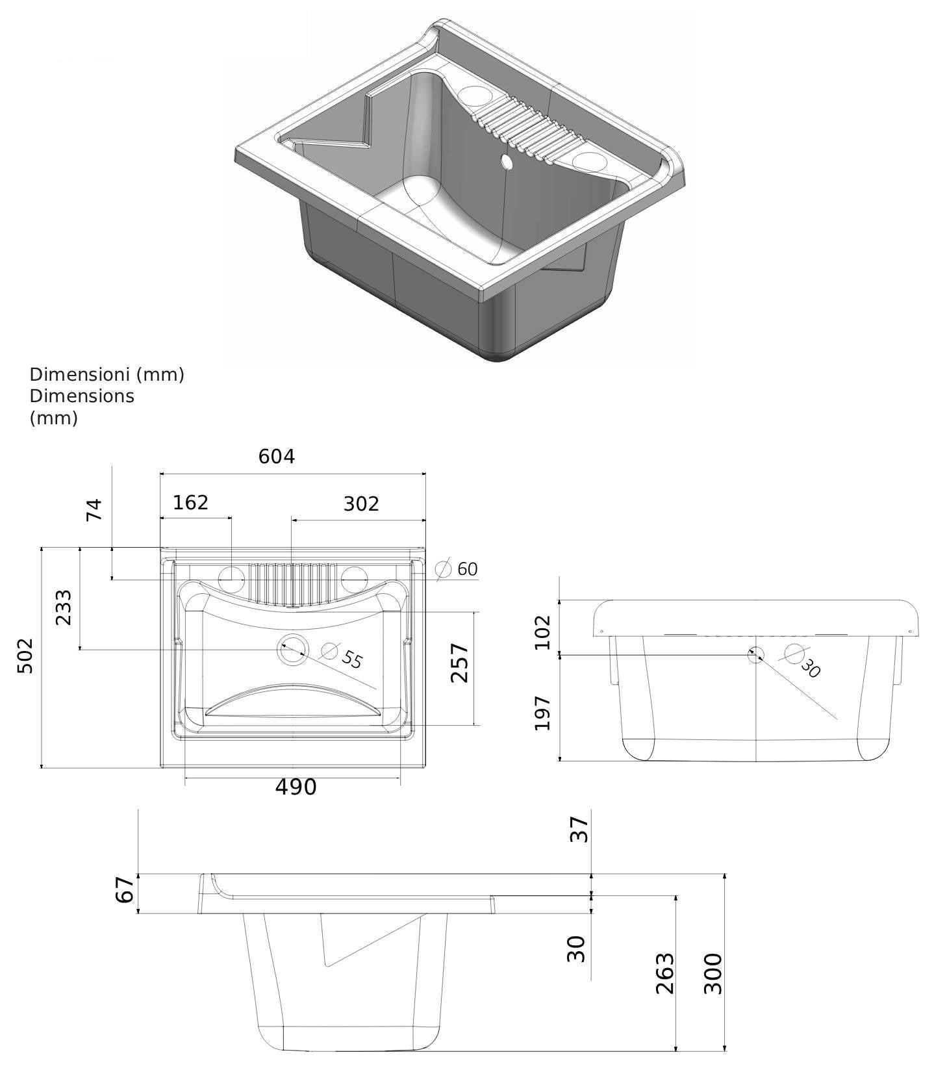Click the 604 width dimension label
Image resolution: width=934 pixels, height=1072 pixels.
pos(277,457)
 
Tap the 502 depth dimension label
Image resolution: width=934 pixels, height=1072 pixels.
pos(25,656)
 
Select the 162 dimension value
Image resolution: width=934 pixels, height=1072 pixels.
pos(191,502)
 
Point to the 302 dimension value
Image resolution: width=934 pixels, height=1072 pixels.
pos(360,504)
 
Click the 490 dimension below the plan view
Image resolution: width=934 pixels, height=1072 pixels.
pos(296,787)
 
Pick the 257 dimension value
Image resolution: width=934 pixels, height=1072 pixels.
pos(460,662)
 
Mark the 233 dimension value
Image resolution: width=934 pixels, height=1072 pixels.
pos(64,607)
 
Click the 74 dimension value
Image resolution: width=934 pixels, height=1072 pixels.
pos(95,509)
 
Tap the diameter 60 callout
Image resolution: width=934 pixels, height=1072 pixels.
pos(460,569)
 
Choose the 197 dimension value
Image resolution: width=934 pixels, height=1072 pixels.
pos(542,713)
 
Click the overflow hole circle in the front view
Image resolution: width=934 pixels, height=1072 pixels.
pos(755,654)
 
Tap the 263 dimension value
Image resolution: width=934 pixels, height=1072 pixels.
pos(665,973)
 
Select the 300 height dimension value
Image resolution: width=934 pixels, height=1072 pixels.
pos(713,973)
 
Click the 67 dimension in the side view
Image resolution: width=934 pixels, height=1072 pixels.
pos(125,889)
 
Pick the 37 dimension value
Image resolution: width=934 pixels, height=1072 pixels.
pos(579,830)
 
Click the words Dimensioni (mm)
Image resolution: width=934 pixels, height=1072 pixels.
pos(107,374)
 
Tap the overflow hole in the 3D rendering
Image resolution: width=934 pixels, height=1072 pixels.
pos(506,160)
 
